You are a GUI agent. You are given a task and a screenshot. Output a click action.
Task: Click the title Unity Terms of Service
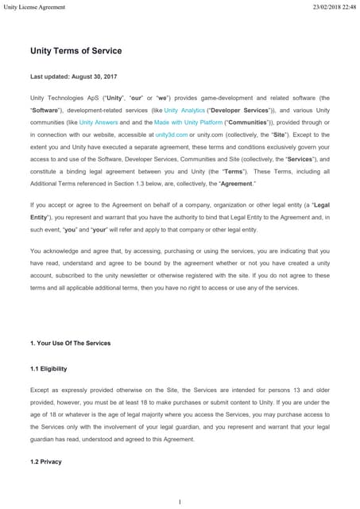point(75,51)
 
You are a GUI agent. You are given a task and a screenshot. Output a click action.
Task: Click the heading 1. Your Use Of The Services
point(70,343)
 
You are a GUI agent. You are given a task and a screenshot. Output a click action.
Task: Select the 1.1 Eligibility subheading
point(48,369)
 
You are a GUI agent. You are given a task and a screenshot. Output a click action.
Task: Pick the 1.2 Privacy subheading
point(45,461)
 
